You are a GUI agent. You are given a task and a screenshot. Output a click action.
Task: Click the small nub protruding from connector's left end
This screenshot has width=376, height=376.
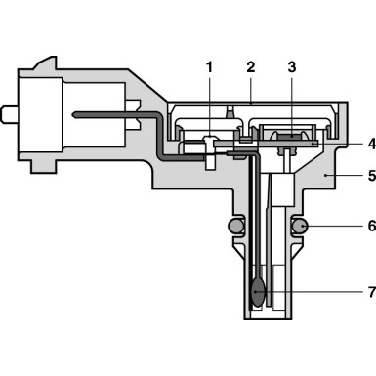[x=9, y=114]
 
